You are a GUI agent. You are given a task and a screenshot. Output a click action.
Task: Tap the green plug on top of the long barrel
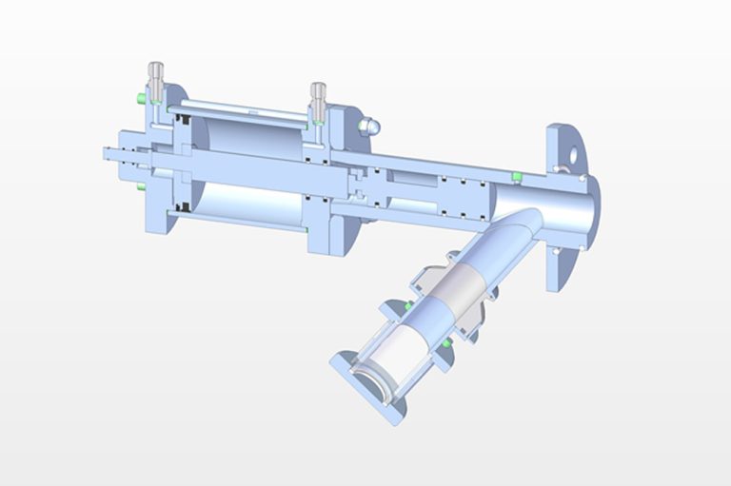515,176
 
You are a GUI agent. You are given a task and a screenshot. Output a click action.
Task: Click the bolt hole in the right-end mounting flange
573,151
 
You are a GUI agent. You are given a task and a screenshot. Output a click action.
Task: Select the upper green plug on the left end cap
141,98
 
